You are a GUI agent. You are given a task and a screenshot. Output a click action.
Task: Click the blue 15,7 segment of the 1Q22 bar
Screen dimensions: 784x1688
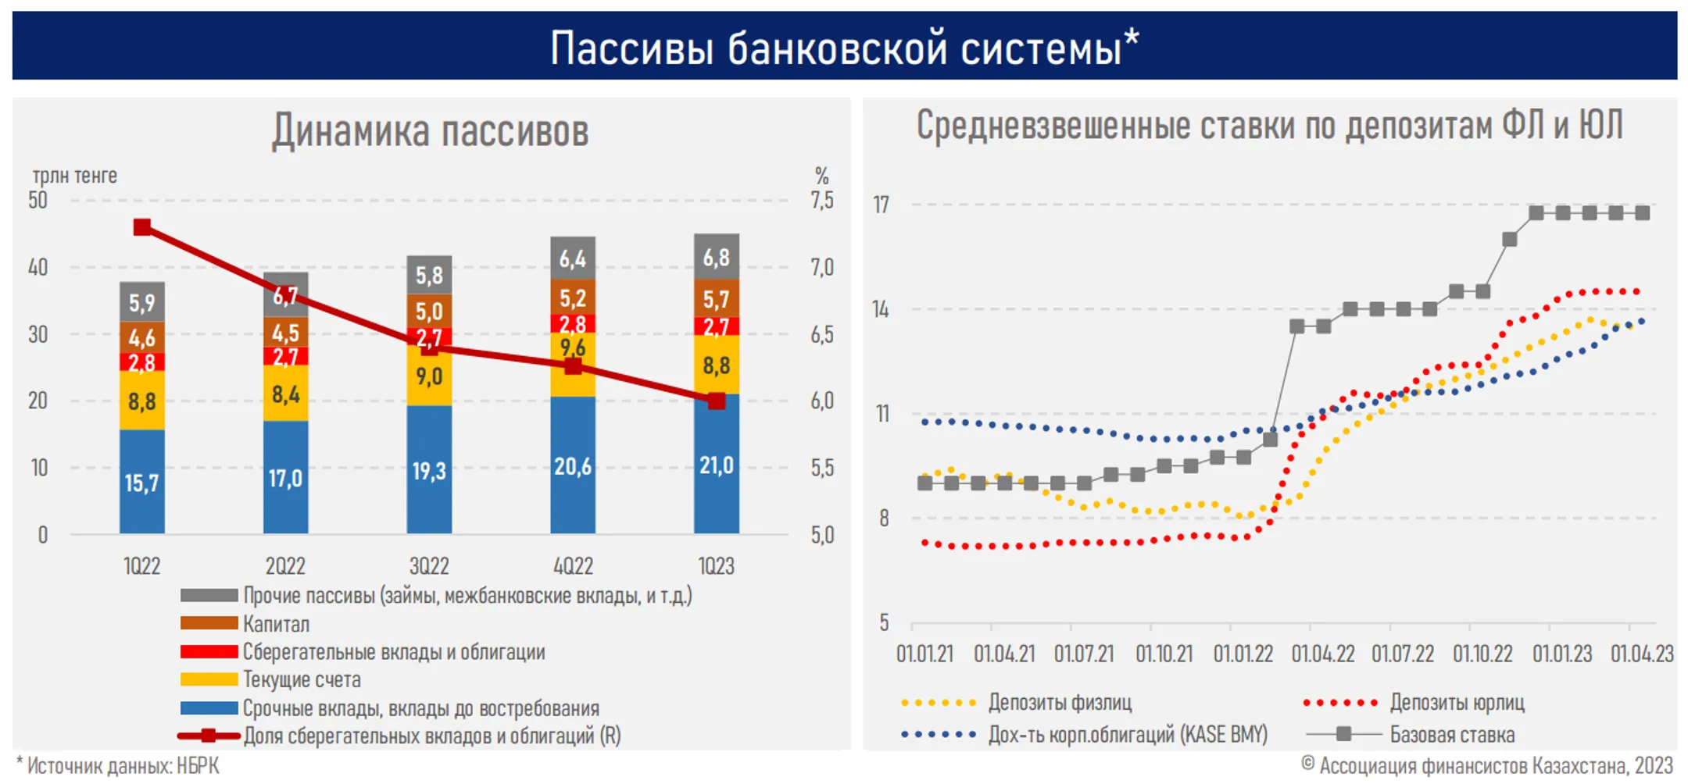(x=141, y=482)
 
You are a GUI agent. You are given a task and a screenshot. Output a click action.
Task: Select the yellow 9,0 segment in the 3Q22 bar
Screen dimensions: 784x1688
(x=429, y=376)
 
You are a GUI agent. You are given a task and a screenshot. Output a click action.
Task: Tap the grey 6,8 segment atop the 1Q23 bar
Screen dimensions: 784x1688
(x=716, y=257)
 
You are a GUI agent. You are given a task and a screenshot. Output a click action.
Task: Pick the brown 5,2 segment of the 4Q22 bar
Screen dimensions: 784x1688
(x=573, y=298)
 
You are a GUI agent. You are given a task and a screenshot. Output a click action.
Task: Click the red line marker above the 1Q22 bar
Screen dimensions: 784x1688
(x=142, y=227)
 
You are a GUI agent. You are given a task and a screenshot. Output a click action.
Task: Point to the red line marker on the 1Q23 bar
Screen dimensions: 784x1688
(x=717, y=401)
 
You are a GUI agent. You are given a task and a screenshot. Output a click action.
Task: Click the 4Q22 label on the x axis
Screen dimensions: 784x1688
(x=573, y=565)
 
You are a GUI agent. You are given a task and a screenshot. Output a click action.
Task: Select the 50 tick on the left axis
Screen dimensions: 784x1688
(x=38, y=201)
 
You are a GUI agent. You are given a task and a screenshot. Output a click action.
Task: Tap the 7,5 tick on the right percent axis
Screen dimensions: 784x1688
(x=821, y=201)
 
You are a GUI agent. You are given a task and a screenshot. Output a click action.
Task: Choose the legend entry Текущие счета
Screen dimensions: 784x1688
(x=301, y=679)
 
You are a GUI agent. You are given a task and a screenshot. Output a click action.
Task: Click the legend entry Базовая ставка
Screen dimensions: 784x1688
(x=1451, y=734)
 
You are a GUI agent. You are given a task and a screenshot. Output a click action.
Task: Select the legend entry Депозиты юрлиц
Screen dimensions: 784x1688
(x=1457, y=702)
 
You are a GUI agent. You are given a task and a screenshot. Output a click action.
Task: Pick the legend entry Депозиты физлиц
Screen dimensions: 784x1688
(x=1060, y=702)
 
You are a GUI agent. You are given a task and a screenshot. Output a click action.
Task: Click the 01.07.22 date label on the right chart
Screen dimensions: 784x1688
(x=1403, y=654)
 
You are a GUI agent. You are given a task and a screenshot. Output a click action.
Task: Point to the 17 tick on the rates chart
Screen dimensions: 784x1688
(x=881, y=205)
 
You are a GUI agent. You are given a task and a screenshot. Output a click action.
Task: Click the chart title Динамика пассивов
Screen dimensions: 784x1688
(x=430, y=130)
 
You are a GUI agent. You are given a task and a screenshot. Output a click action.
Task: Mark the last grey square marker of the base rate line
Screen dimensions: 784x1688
(x=1643, y=213)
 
